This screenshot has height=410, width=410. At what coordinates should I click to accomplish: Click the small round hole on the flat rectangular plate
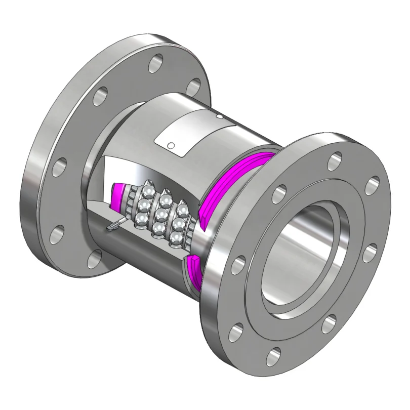[171, 146]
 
